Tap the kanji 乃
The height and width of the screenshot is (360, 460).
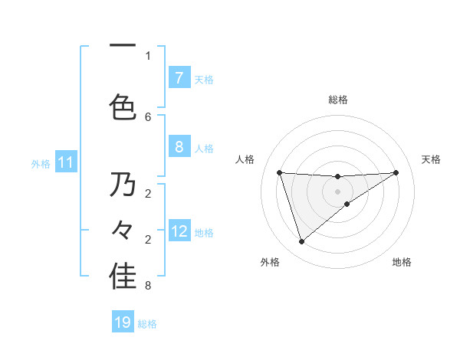pyautogui.click(x=123, y=185)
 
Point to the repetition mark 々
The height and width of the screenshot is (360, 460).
pyautogui.click(x=123, y=231)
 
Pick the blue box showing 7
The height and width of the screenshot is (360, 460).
pyautogui.click(x=179, y=78)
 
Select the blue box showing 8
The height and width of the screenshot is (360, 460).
pyautogui.click(x=179, y=147)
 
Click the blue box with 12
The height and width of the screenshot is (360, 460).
pyautogui.click(x=179, y=231)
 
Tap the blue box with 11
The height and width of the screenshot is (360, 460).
pyautogui.click(x=66, y=162)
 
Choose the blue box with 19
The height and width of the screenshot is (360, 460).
pyautogui.click(x=123, y=322)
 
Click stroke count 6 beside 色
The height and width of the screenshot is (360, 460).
pyautogui.click(x=148, y=116)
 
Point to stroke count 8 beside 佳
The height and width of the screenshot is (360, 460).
pyautogui.click(x=148, y=286)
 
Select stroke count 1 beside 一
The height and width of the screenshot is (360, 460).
pyautogui.click(x=148, y=55)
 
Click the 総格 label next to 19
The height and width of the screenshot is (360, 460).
pyautogui.click(x=147, y=323)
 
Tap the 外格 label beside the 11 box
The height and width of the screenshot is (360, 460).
pyautogui.click(x=41, y=163)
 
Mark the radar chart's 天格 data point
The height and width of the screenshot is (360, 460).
pyautogui.click(x=396, y=172)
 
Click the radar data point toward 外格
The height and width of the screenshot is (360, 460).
pyautogui.click(x=301, y=242)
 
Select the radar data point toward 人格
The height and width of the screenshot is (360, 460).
pyautogui.click(x=279, y=172)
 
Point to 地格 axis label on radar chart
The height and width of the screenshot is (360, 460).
pyautogui.click(x=402, y=263)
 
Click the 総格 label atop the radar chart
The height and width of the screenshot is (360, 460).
pyautogui.click(x=337, y=100)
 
